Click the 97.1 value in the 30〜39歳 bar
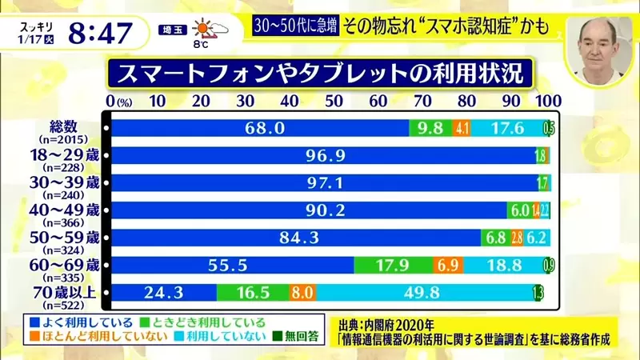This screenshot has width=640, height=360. pos(325,183)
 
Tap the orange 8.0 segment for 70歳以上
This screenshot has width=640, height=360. pos(302,293)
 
